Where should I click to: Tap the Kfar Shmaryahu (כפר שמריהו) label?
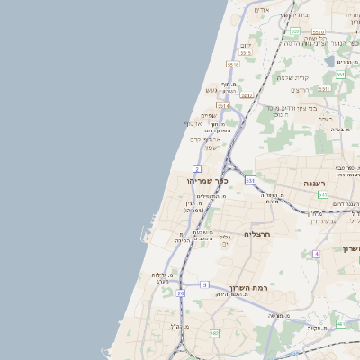point(208,181)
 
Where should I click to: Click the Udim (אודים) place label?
point(262,10)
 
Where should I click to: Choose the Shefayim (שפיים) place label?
point(208,115)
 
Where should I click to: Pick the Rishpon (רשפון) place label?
point(212,148)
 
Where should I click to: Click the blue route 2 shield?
point(197,168)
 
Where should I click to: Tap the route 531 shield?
point(249,181)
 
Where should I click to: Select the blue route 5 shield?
point(204,284)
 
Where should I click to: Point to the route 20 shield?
point(181,292)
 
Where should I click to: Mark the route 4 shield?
point(317,254)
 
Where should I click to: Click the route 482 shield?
point(213,333)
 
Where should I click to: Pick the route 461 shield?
point(340,324)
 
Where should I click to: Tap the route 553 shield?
point(293,31)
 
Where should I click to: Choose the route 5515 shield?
point(233,65)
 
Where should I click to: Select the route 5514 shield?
point(222,105)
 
